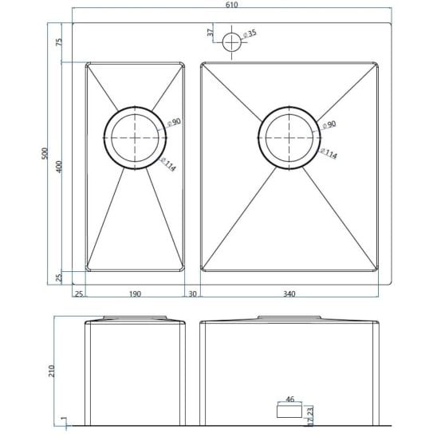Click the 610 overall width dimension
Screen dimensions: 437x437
231,5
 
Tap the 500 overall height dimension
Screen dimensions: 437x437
45,154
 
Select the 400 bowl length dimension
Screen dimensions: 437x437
59,167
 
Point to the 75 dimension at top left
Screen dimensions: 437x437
59,42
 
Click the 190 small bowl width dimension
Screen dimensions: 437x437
135,293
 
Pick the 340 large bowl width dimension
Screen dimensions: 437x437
289,293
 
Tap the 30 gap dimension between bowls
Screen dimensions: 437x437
192,293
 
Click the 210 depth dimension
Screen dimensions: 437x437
52,371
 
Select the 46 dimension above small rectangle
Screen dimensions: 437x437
289,399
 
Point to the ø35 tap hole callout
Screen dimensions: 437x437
250,33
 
